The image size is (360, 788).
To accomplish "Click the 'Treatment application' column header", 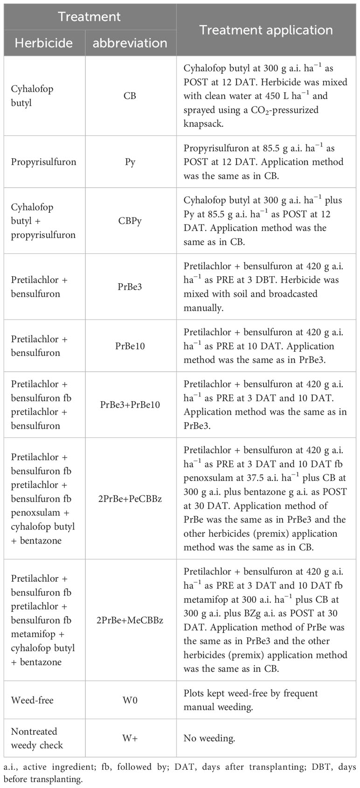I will [266, 30].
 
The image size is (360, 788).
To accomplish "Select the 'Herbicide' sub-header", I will [44, 43].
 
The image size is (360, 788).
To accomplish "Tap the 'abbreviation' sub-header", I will [130, 43].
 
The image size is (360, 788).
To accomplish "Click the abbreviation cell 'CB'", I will [130, 96].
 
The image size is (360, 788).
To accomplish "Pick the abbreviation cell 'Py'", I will [130, 162].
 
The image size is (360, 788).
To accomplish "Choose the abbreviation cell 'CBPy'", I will [130, 221].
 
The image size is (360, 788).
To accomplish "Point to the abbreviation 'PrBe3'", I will [130, 286].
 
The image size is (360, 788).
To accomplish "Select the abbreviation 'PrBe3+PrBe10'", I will [130, 404].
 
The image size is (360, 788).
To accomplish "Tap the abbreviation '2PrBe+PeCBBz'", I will [130, 498].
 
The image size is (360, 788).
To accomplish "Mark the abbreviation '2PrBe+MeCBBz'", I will [130, 620].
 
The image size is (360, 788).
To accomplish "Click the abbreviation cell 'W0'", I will [130, 700].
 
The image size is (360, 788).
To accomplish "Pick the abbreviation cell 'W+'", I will [130, 738].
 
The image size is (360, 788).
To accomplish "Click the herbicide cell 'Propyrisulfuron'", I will [44, 162].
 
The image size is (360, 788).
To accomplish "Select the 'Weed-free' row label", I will [32, 700].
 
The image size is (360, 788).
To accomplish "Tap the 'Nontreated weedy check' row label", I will [37, 738].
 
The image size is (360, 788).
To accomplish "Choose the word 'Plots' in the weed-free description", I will [195, 693].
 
